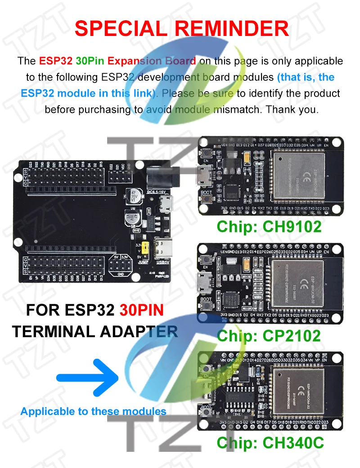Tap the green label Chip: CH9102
pos(269,226)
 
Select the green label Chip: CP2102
pos(269,335)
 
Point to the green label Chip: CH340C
pos(270,443)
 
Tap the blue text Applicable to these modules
pos(93,411)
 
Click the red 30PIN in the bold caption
pos(141,310)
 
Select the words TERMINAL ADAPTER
pos(95,331)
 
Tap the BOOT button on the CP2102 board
pos(207,306)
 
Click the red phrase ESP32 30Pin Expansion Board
pos(117,61)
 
